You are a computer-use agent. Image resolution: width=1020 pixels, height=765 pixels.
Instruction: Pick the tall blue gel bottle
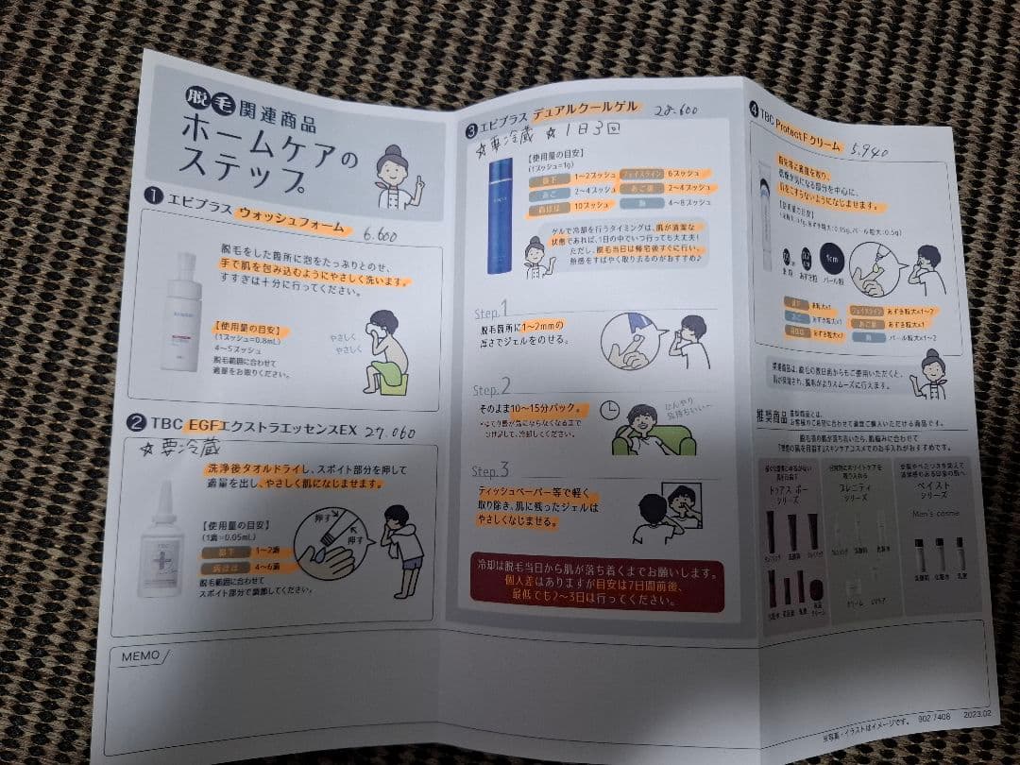click(500, 214)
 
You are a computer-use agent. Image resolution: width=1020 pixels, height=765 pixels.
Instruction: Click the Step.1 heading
click(491, 310)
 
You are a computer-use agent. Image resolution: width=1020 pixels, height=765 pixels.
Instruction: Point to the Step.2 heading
click(492, 388)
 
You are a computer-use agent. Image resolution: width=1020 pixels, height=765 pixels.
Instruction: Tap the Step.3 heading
click(491, 470)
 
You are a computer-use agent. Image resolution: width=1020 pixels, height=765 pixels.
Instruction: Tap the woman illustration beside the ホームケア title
click(396, 178)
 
